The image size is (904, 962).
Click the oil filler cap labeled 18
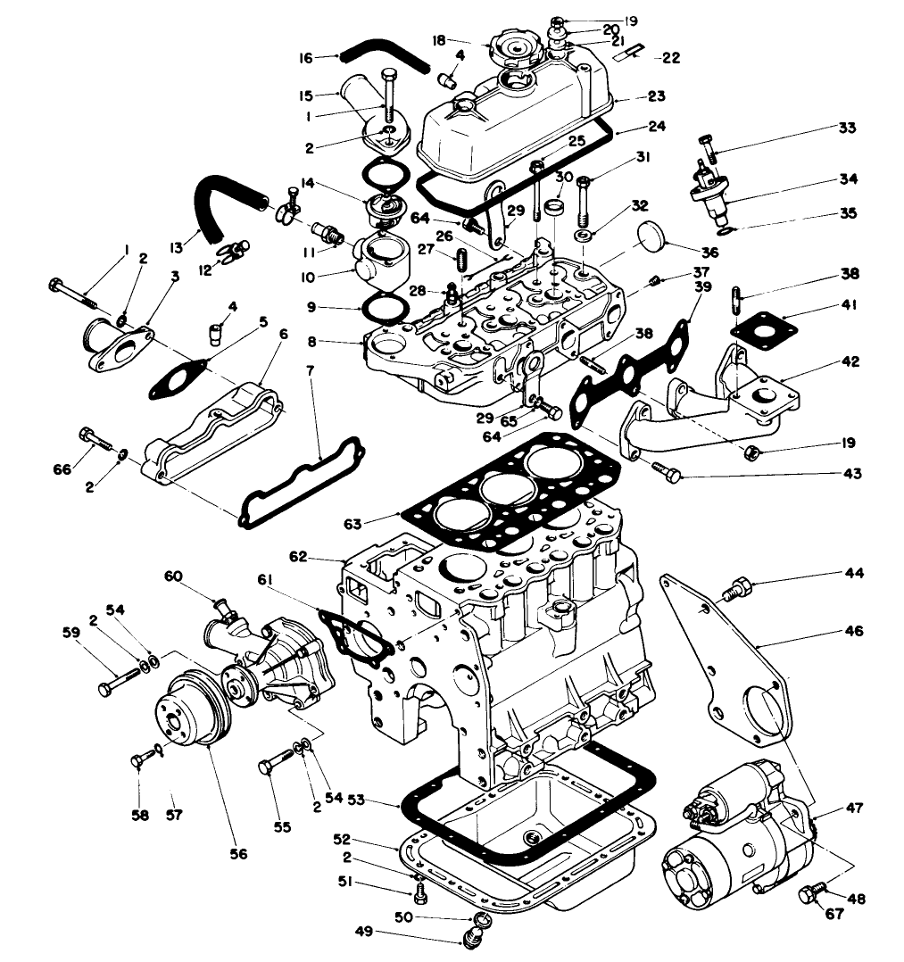tap(509, 45)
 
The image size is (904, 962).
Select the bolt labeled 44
tap(734, 590)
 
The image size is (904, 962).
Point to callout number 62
tap(322, 557)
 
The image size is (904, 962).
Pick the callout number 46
tap(853, 631)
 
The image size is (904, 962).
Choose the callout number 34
tap(848, 178)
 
